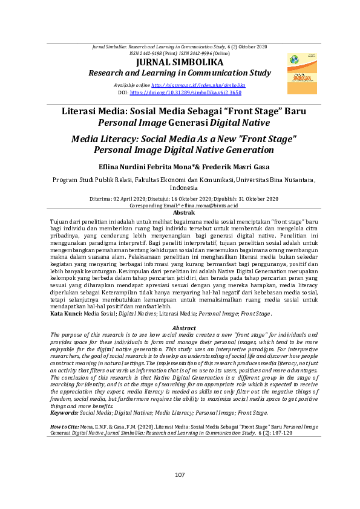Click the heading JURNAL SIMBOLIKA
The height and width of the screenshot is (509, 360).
coord(180,62)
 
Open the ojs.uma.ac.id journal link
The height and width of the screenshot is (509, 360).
coord(198,86)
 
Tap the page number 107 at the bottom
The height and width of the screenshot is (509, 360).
coord(180,475)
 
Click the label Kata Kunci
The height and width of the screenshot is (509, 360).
coord(65,314)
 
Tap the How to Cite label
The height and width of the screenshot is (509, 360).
coord(64,427)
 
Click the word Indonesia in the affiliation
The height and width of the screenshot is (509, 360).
coord(180,187)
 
